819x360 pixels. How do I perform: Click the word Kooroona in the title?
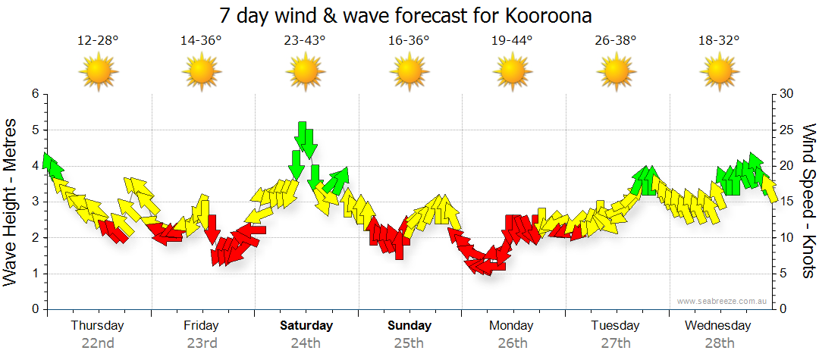(x=544, y=15)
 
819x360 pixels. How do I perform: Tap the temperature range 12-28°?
(x=98, y=40)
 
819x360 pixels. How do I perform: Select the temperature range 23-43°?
(x=305, y=40)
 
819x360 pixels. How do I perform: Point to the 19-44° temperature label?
(x=513, y=40)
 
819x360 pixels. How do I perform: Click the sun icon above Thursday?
(x=98, y=72)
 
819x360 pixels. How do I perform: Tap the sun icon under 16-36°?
(x=409, y=72)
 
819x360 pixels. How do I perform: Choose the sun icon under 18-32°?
(x=719, y=72)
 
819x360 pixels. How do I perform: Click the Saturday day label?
(x=306, y=326)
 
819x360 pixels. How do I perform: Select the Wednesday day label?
(x=717, y=326)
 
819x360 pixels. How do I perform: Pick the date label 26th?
(x=513, y=343)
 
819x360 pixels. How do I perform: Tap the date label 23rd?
(x=202, y=343)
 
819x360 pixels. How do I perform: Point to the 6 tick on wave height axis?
(x=34, y=94)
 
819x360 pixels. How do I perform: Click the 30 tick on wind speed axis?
(x=786, y=94)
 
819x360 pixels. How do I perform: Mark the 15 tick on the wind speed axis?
(x=786, y=202)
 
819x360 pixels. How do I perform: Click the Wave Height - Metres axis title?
(x=11, y=202)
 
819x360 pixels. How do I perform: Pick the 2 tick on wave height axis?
(x=34, y=238)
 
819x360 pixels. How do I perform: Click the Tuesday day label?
(x=615, y=326)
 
